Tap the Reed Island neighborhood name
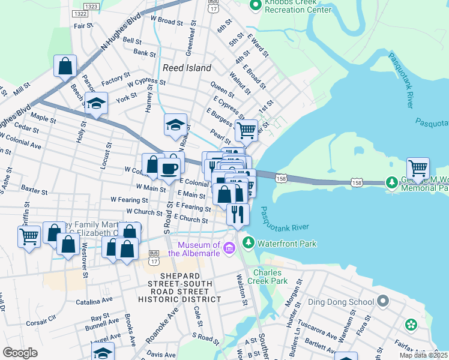187,68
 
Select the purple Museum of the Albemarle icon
229,248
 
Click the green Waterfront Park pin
248,242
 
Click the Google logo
20,353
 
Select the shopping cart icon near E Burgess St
246,129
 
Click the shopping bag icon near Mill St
65,65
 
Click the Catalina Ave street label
91,303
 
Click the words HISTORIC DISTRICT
179,299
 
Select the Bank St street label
144,53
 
